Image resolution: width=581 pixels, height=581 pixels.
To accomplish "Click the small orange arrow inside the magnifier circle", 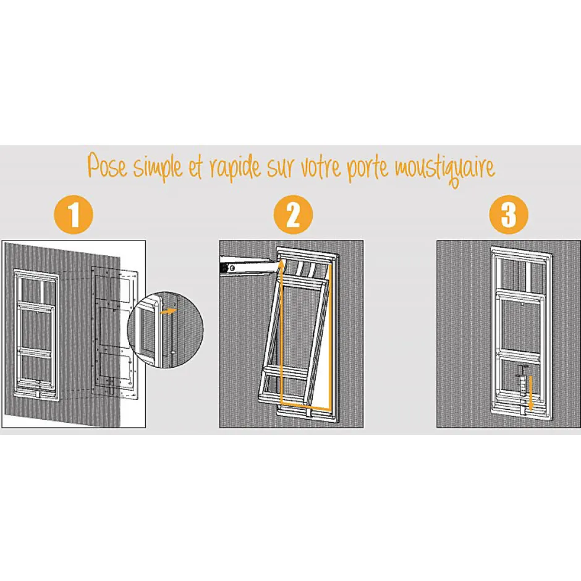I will [x=168, y=312].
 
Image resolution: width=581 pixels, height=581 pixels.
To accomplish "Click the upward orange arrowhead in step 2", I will [x=282, y=266].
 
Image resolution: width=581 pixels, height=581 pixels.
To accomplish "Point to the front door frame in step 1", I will [x=36, y=334].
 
